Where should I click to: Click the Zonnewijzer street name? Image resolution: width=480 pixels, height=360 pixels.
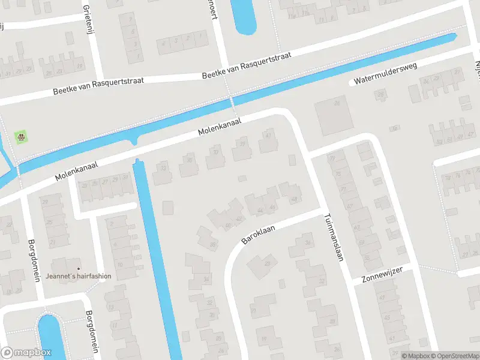382,274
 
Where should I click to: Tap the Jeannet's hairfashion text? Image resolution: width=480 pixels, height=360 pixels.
79,277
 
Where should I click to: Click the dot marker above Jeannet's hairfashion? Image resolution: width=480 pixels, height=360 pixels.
79,268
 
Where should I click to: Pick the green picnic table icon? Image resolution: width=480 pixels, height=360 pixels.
22,137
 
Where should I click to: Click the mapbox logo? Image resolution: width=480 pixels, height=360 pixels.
26,352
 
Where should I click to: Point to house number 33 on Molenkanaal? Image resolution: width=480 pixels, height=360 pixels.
163,169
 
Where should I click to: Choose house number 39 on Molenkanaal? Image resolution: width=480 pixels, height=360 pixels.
242,144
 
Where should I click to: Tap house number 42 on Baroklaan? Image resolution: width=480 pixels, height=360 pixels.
239,219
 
